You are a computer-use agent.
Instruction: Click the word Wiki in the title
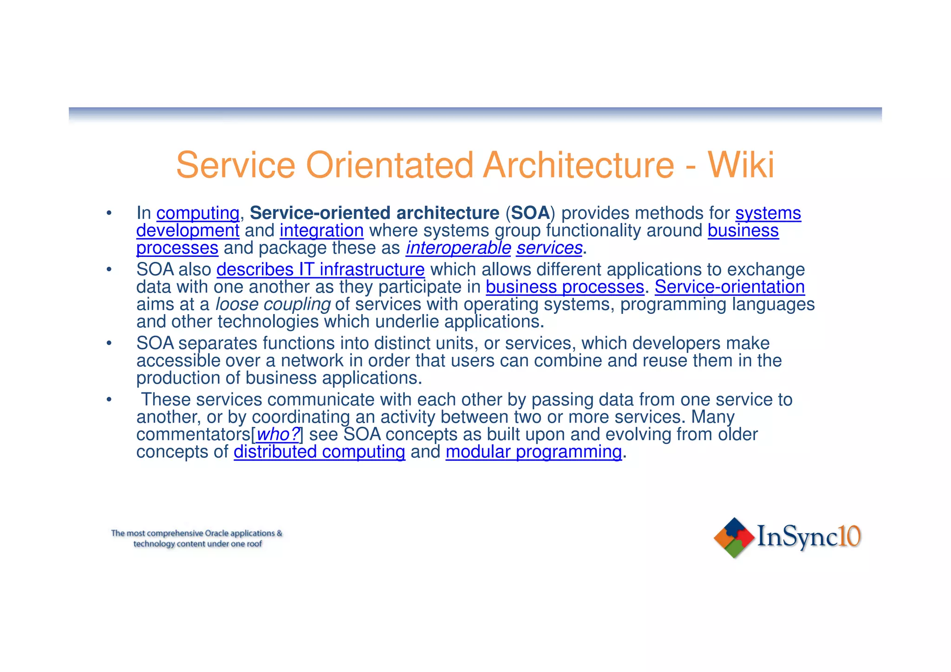coord(741,165)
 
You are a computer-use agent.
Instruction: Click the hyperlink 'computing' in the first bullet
coord(198,213)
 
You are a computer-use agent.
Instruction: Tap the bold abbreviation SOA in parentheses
coord(530,213)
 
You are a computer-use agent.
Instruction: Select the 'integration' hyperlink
coord(321,231)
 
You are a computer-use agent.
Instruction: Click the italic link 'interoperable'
coord(458,248)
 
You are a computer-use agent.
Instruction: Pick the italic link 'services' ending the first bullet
coord(549,248)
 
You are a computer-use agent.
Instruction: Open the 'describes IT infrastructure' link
coord(320,269)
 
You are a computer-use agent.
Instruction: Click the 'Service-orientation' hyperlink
coord(730,287)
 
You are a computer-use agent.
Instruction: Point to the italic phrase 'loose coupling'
coord(273,304)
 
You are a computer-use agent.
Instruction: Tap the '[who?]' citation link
coord(278,435)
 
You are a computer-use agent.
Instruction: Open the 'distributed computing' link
coord(319,452)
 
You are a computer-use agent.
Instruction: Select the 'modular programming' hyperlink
coord(534,452)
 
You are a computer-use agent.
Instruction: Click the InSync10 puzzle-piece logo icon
coord(734,537)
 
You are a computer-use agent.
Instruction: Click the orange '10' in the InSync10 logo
coord(850,536)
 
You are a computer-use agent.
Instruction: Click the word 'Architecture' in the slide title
coord(578,165)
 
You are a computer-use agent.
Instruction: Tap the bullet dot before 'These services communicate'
coord(109,399)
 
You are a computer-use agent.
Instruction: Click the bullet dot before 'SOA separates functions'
coord(109,344)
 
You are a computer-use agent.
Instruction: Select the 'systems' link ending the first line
coord(768,213)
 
